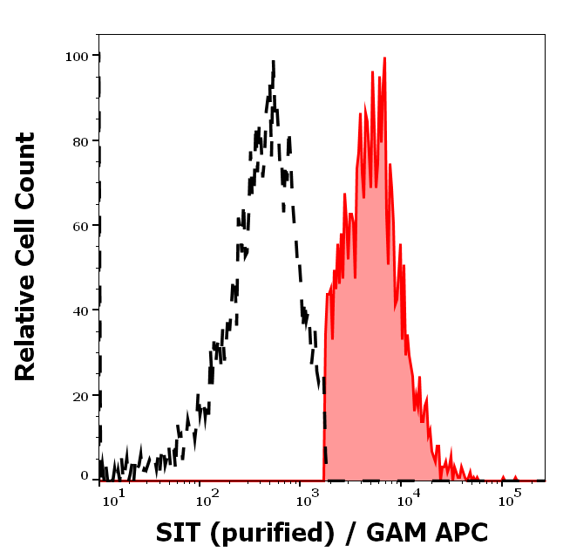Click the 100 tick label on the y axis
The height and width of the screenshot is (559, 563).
click(77, 56)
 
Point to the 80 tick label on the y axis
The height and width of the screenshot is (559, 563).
click(80, 140)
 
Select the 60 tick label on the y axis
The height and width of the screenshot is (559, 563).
click(80, 225)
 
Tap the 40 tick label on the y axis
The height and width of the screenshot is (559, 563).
click(80, 310)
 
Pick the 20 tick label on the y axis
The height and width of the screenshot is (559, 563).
click(80, 395)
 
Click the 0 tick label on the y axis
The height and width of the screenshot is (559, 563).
click(85, 476)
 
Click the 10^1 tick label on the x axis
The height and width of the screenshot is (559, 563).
click(115, 499)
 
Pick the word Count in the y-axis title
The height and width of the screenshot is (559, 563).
click(25, 170)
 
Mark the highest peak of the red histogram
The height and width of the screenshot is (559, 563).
click(383, 58)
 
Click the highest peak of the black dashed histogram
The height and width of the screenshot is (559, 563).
click(273, 62)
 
